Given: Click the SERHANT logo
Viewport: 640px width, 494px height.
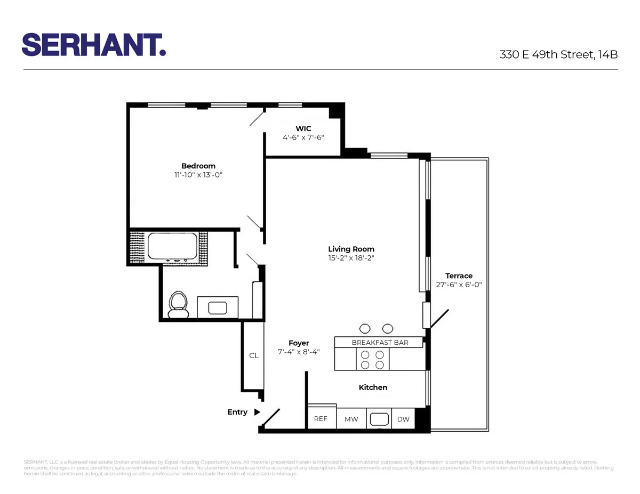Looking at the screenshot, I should pos(94,44).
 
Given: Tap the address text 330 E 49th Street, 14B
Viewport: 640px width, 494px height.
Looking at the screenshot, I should pos(558,54).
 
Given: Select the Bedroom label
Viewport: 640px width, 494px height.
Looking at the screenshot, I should pos(198,166).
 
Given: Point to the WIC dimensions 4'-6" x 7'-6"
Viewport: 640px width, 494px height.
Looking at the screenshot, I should pos(303,137).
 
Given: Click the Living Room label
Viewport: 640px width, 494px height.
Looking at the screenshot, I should pos(351,249).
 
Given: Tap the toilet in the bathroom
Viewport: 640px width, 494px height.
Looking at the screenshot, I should pos(178,305).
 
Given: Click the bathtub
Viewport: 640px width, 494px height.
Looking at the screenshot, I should pos(172,247).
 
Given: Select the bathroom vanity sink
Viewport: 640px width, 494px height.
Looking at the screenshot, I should pos(218,308).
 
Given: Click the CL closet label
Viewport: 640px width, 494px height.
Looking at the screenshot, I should pos(254,355).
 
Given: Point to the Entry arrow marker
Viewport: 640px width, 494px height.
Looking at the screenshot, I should pos(257,412).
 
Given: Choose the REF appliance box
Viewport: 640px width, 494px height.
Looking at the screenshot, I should pos(321,419).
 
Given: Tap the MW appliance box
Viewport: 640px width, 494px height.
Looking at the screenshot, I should pos(351,419).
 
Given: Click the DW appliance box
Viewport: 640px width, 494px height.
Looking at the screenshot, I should pos(403,419).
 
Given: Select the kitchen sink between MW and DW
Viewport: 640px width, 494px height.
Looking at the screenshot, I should pos(379,418).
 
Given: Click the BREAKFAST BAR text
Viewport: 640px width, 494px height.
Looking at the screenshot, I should pos(380,343).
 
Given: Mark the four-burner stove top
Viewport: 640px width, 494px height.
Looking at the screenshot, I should pos(373,359).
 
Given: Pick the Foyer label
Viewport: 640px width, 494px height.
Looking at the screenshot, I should pos(299,343).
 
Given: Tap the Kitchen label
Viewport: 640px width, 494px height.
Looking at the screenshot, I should pos(373,387).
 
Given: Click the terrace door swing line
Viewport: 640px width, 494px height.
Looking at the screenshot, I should pos(439,318).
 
